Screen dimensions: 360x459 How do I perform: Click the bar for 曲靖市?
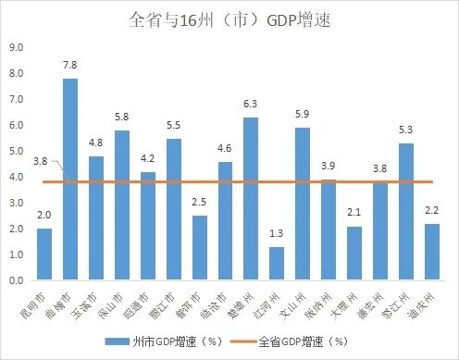pos(70,180)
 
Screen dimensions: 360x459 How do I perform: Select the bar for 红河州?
pos(277,263)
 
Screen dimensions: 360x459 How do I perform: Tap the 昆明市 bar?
pos(44,254)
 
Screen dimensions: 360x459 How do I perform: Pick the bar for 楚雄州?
pos(251,198)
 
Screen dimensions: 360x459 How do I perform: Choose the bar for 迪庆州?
pos(432,251)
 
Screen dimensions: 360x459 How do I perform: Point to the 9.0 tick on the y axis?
pos(17,47)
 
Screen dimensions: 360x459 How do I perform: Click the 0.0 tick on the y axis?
pos(17,279)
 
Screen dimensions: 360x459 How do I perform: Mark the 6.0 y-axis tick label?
pos(17,125)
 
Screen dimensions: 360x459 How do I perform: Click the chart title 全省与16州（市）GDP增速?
pos(229,19)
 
